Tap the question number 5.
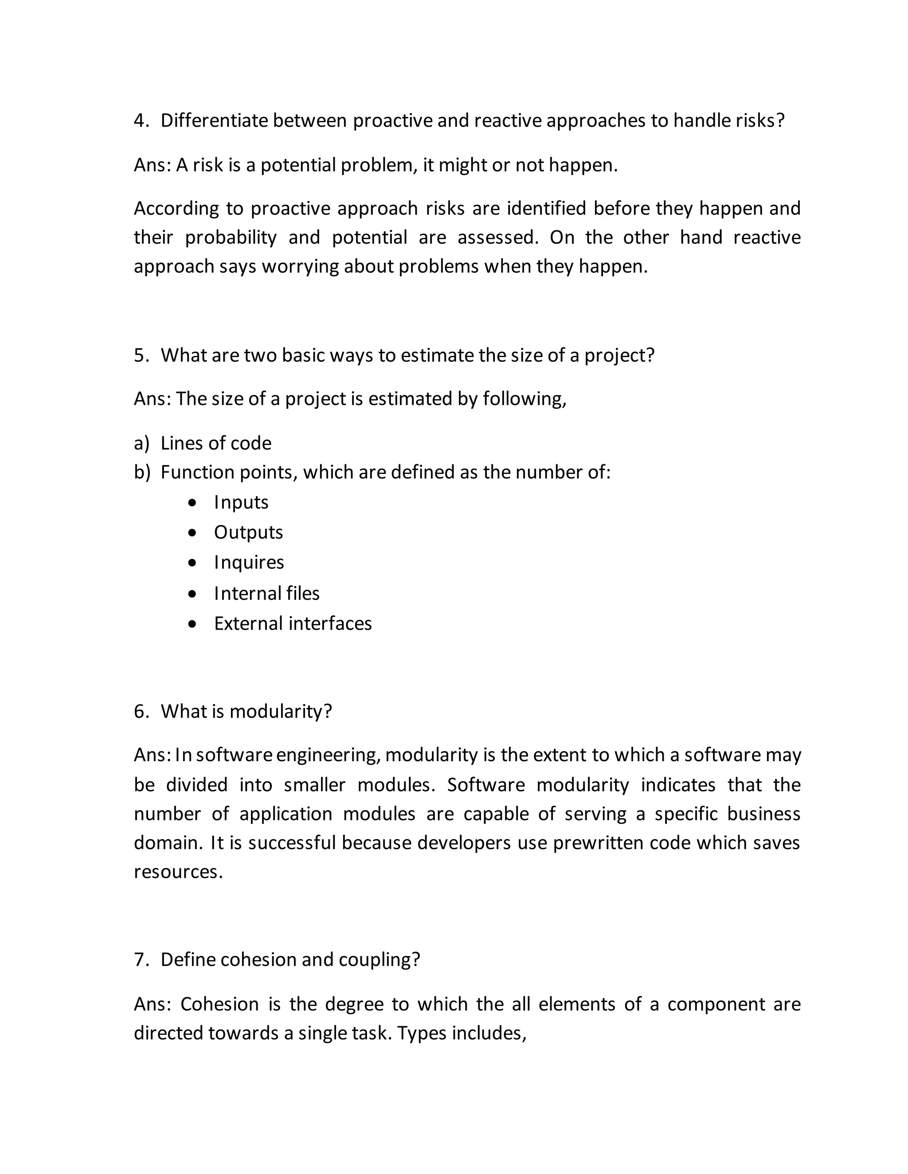[x=141, y=355]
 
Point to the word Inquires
[x=249, y=562]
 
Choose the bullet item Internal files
[x=266, y=593]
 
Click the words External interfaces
[x=293, y=623]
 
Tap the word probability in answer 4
[x=231, y=237]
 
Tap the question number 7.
[x=141, y=959]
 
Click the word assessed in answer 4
[x=497, y=237]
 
